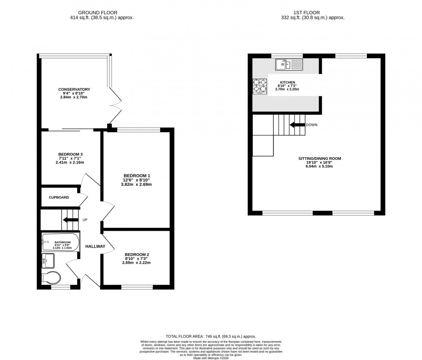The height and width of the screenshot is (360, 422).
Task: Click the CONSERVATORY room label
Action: pyautogui.click(x=74, y=89)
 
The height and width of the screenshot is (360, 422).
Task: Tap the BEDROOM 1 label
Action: pyautogui.click(x=137, y=176)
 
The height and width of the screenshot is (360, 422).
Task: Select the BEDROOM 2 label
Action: pyautogui.click(x=137, y=254)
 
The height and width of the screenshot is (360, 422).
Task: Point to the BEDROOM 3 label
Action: pyautogui.click(x=70, y=154)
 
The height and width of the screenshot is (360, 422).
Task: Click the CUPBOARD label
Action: pyautogui.click(x=59, y=197)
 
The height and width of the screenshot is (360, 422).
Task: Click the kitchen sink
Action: pyautogui.click(x=289, y=65)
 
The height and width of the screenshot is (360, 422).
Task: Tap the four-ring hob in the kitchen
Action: pyautogui.click(x=260, y=86)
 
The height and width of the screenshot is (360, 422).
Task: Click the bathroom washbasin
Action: pyautogui.click(x=48, y=260)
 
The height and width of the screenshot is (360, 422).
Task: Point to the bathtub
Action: pyautogui.click(x=60, y=242)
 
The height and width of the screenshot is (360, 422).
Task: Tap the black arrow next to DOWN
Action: pyautogui.click(x=297, y=125)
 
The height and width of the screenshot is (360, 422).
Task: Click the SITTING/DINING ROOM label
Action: pyautogui.click(x=320, y=158)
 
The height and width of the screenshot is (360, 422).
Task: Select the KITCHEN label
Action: pyautogui.click(x=287, y=82)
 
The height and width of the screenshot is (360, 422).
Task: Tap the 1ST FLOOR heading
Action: pyautogui.click(x=316, y=13)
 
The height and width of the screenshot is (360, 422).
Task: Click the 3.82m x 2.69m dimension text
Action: pyautogui.click(x=137, y=184)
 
